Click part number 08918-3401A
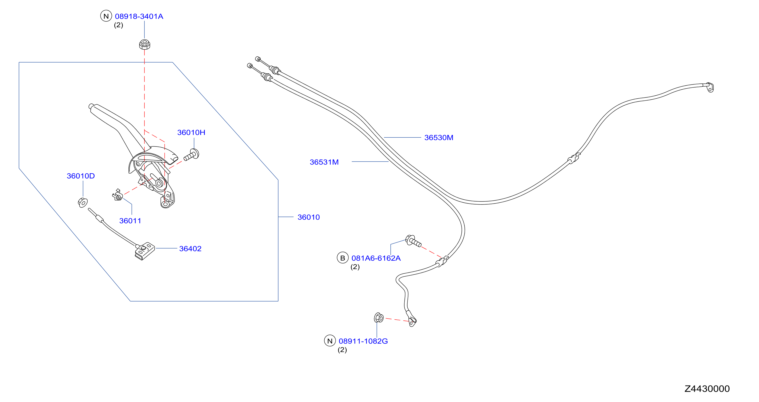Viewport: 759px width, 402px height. [x=139, y=16]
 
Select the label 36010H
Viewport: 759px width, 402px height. [x=191, y=132]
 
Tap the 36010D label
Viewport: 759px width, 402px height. [x=81, y=176]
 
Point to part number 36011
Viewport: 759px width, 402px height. [x=130, y=221]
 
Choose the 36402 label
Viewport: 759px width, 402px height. [x=190, y=249]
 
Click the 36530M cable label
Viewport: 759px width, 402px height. [x=439, y=138]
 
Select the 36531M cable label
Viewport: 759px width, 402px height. [x=324, y=162]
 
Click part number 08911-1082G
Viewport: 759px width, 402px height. [x=363, y=341]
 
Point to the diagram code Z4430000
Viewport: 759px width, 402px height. [x=707, y=389]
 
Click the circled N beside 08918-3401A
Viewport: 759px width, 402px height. [x=106, y=16]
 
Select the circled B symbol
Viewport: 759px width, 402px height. [x=343, y=258]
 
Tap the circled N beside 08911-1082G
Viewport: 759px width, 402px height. [x=330, y=341]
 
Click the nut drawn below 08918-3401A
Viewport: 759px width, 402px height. [x=144, y=44]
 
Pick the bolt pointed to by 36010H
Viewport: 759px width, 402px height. [x=192, y=155]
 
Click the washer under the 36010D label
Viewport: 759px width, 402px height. [x=83, y=202]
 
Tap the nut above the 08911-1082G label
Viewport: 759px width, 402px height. [x=379, y=318]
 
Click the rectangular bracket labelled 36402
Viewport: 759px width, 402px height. [x=145, y=251]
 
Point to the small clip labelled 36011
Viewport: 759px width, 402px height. [x=118, y=195]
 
